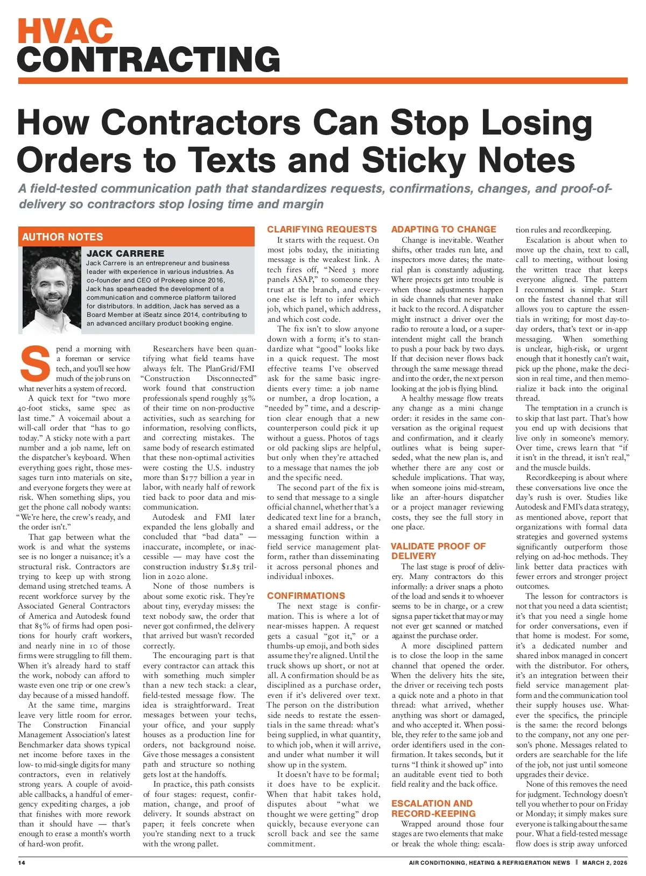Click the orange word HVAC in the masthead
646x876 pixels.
pos(65,31)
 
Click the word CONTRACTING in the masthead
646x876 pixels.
pos(149,59)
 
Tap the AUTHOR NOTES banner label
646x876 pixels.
pos(62,237)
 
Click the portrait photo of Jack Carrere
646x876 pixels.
pos(52,288)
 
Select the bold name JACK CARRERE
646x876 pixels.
pos(125,253)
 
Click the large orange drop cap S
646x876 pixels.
pos(35,363)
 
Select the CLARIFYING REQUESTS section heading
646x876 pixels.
pos(322,229)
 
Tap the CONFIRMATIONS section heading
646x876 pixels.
pos(306,596)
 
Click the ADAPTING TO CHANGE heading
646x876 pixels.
pos(444,229)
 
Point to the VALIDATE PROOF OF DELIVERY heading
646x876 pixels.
pos(438,551)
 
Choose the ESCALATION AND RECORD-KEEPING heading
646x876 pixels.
pos(433,808)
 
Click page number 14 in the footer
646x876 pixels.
pos(22,863)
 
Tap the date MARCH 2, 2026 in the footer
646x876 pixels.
pos(605,863)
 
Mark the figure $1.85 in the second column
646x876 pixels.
pos(233,567)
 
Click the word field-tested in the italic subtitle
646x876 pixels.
pos(65,189)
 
